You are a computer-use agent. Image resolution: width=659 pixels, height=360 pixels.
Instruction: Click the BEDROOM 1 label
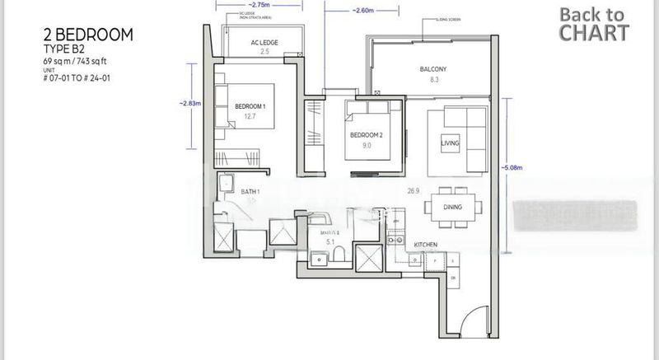click(x=250, y=106)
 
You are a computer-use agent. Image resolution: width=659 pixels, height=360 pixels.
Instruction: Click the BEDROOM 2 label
click(x=366, y=133)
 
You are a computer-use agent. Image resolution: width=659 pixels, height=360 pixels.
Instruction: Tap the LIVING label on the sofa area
click(x=450, y=143)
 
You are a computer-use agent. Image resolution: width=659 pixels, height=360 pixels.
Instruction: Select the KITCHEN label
click(x=425, y=245)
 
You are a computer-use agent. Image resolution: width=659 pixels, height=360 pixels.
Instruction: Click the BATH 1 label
click(x=250, y=192)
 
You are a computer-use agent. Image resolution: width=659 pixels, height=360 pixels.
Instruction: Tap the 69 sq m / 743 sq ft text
click(x=75, y=62)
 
